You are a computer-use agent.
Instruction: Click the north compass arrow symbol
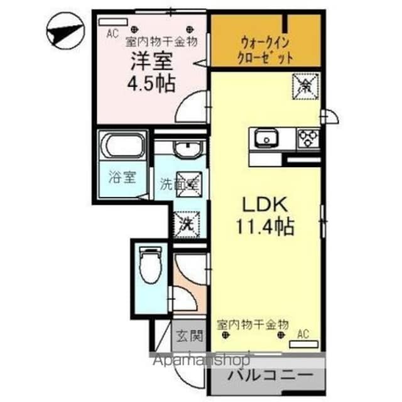tap(65, 31)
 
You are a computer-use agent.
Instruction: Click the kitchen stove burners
tap(308, 136)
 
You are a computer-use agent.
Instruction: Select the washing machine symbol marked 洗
tap(187, 222)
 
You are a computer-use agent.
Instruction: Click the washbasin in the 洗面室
tap(186, 150)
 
